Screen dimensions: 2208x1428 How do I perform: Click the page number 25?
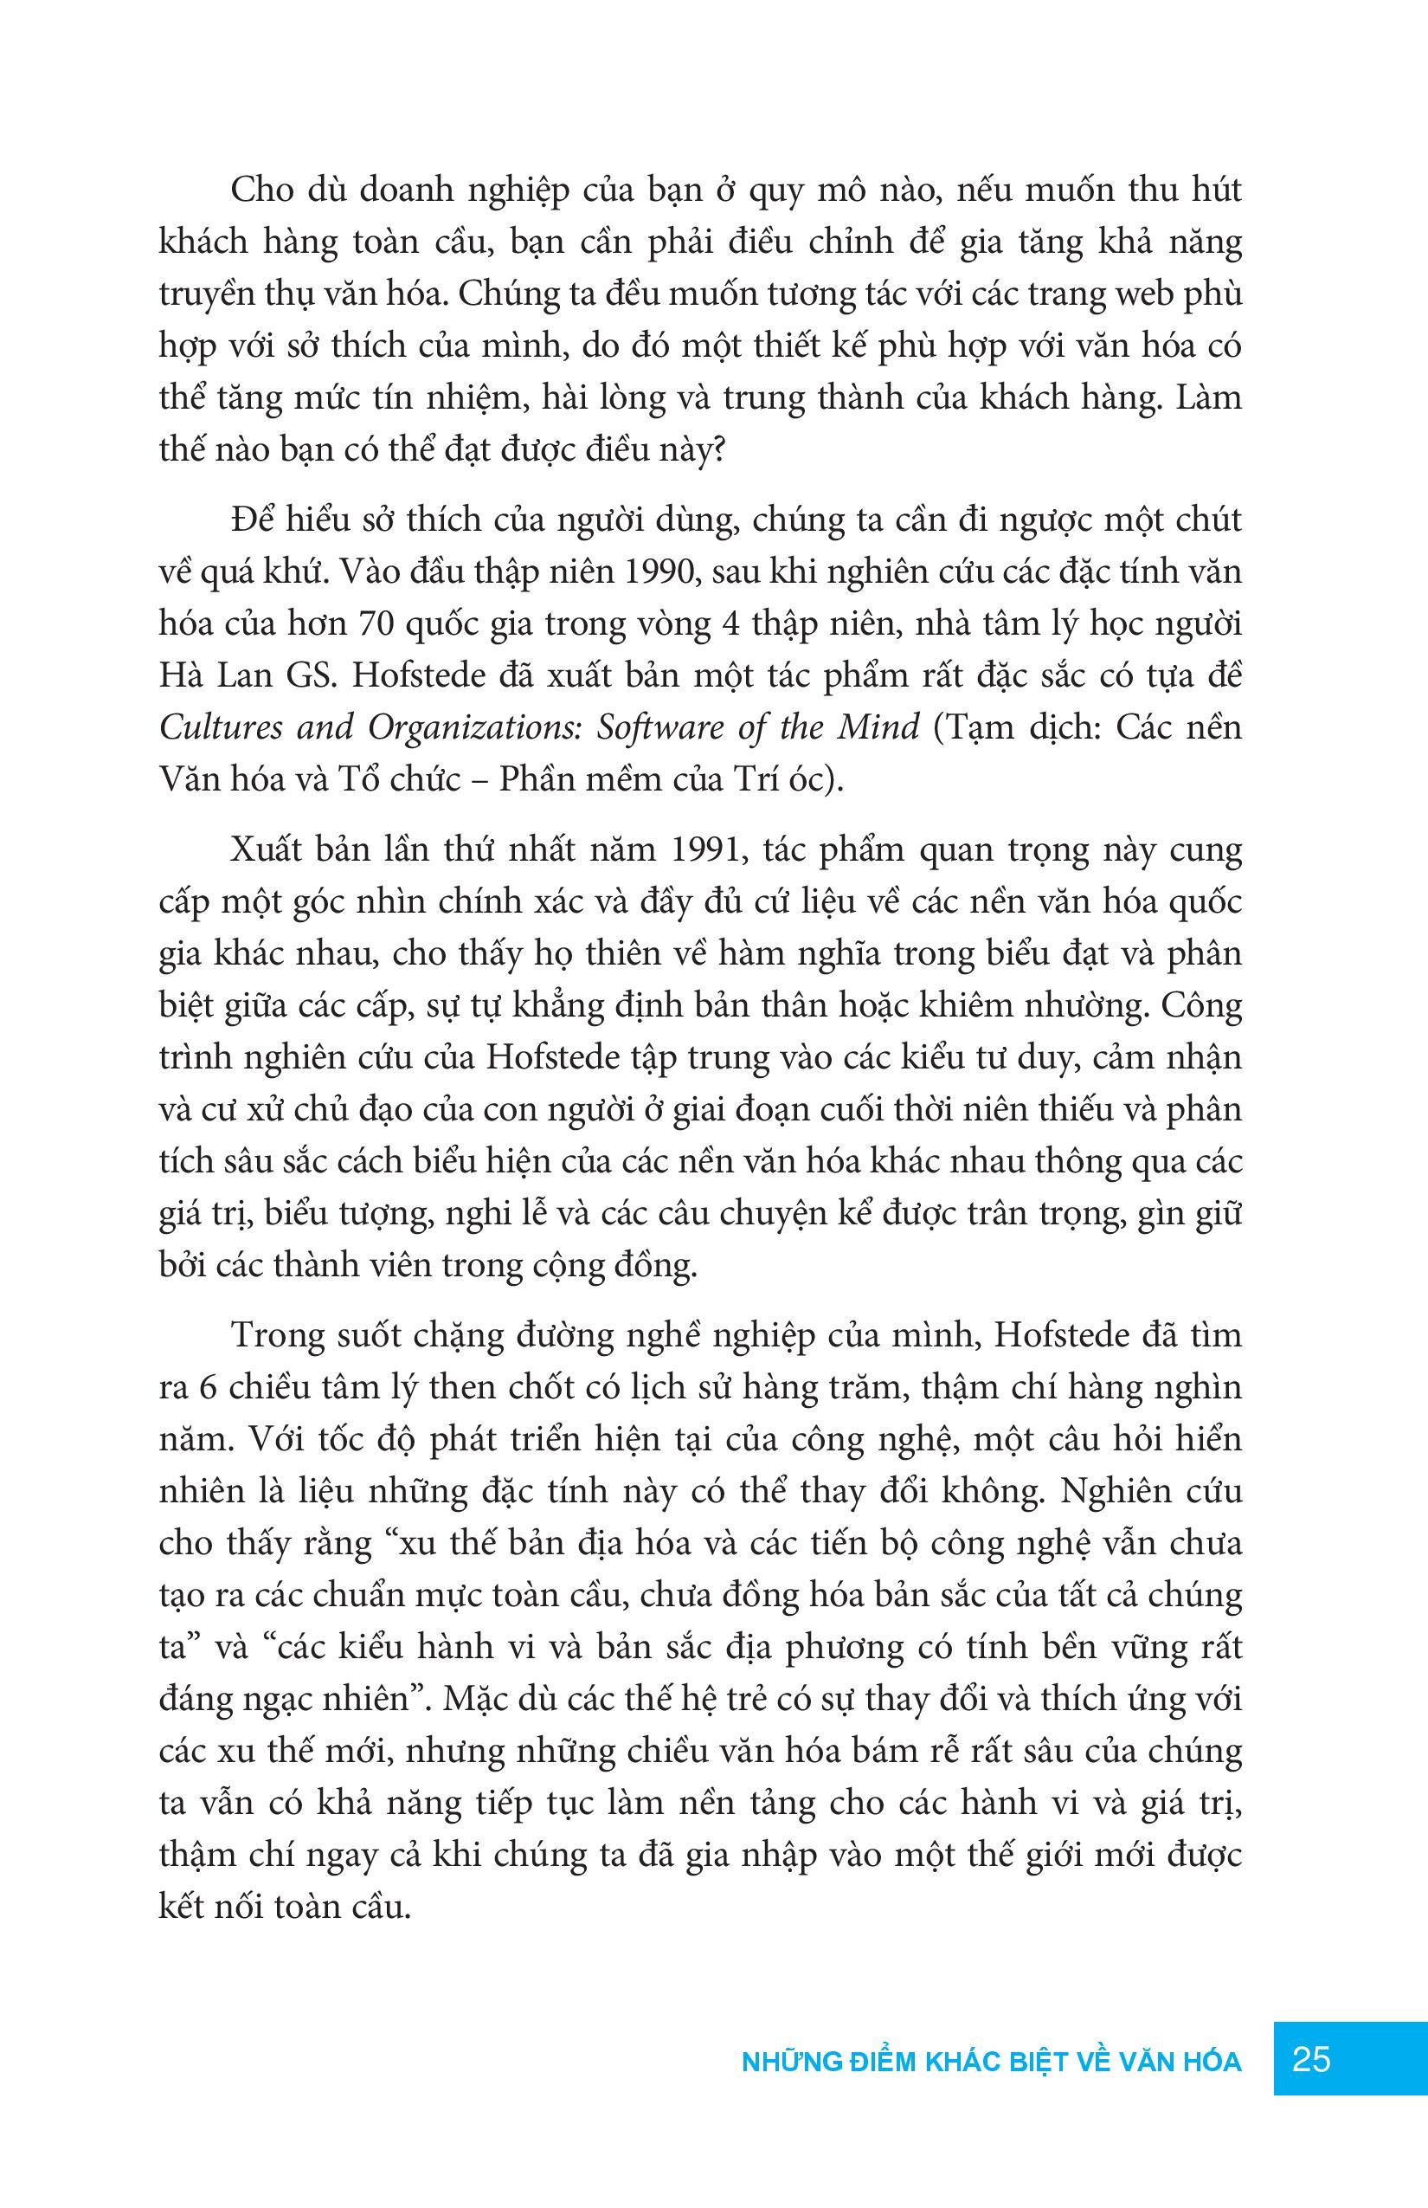[x=1311, y=2060]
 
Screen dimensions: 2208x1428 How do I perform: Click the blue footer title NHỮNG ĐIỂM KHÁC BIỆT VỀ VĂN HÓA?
[x=991, y=2062]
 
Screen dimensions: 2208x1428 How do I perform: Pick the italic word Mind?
[x=878, y=726]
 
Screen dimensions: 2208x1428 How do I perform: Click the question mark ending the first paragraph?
[x=716, y=452]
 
